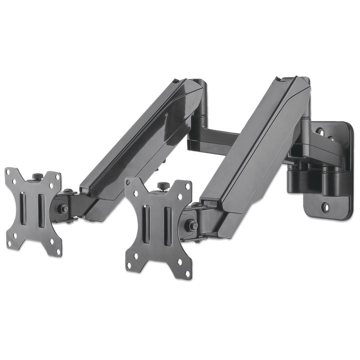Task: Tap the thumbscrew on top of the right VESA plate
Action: coord(162,186)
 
